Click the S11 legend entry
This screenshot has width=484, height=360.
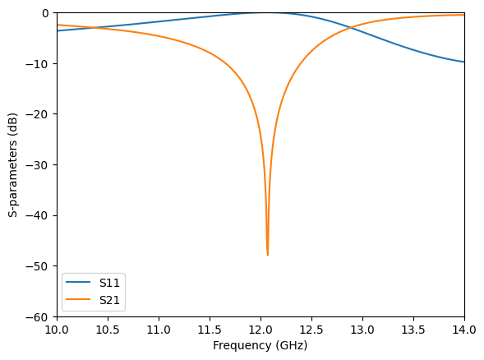109,283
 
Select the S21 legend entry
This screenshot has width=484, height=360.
109,300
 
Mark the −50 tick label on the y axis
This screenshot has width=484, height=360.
39,266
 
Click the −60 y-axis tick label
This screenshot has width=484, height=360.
39,317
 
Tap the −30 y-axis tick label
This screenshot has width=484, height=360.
39,165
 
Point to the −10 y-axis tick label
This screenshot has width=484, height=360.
39,64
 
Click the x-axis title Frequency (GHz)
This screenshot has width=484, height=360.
260,346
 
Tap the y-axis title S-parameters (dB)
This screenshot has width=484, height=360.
13,164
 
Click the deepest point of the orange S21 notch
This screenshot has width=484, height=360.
268,255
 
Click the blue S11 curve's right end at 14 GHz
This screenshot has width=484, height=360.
464,62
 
